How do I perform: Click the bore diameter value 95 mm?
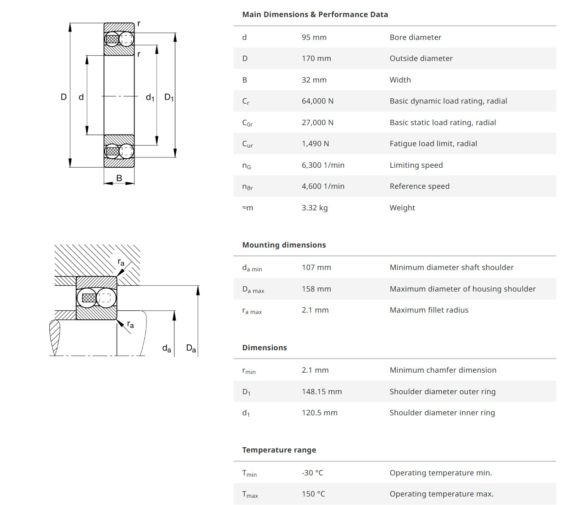[x=314, y=37]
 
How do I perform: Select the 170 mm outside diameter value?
[x=316, y=58]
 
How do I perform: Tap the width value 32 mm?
[x=314, y=80]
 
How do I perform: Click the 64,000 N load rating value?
[x=317, y=101]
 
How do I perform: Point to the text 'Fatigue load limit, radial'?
[x=433, y=144]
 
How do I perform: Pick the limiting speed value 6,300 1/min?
[x=323, y=165]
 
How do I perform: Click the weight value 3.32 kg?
[x=314, y=208]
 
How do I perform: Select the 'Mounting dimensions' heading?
[x=284, y=245]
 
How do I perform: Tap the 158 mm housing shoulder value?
[x=316, y=289]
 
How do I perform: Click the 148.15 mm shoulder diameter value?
[x=321, y=392]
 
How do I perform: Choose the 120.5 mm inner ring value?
[x=319, y=413]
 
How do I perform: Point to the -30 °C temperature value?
[x=312, y=473]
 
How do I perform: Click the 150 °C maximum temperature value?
[x=313, y=494]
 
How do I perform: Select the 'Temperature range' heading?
[x=279, y=450]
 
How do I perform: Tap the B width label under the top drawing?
[x=119, y=178]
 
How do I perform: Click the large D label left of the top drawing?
[x=64, y=97]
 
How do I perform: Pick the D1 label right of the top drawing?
[x=169, y=97]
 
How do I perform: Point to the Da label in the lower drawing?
[x=191, y=348]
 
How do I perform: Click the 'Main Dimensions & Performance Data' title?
[x=315, y=14]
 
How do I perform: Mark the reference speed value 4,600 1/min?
[x=323, y=186]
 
